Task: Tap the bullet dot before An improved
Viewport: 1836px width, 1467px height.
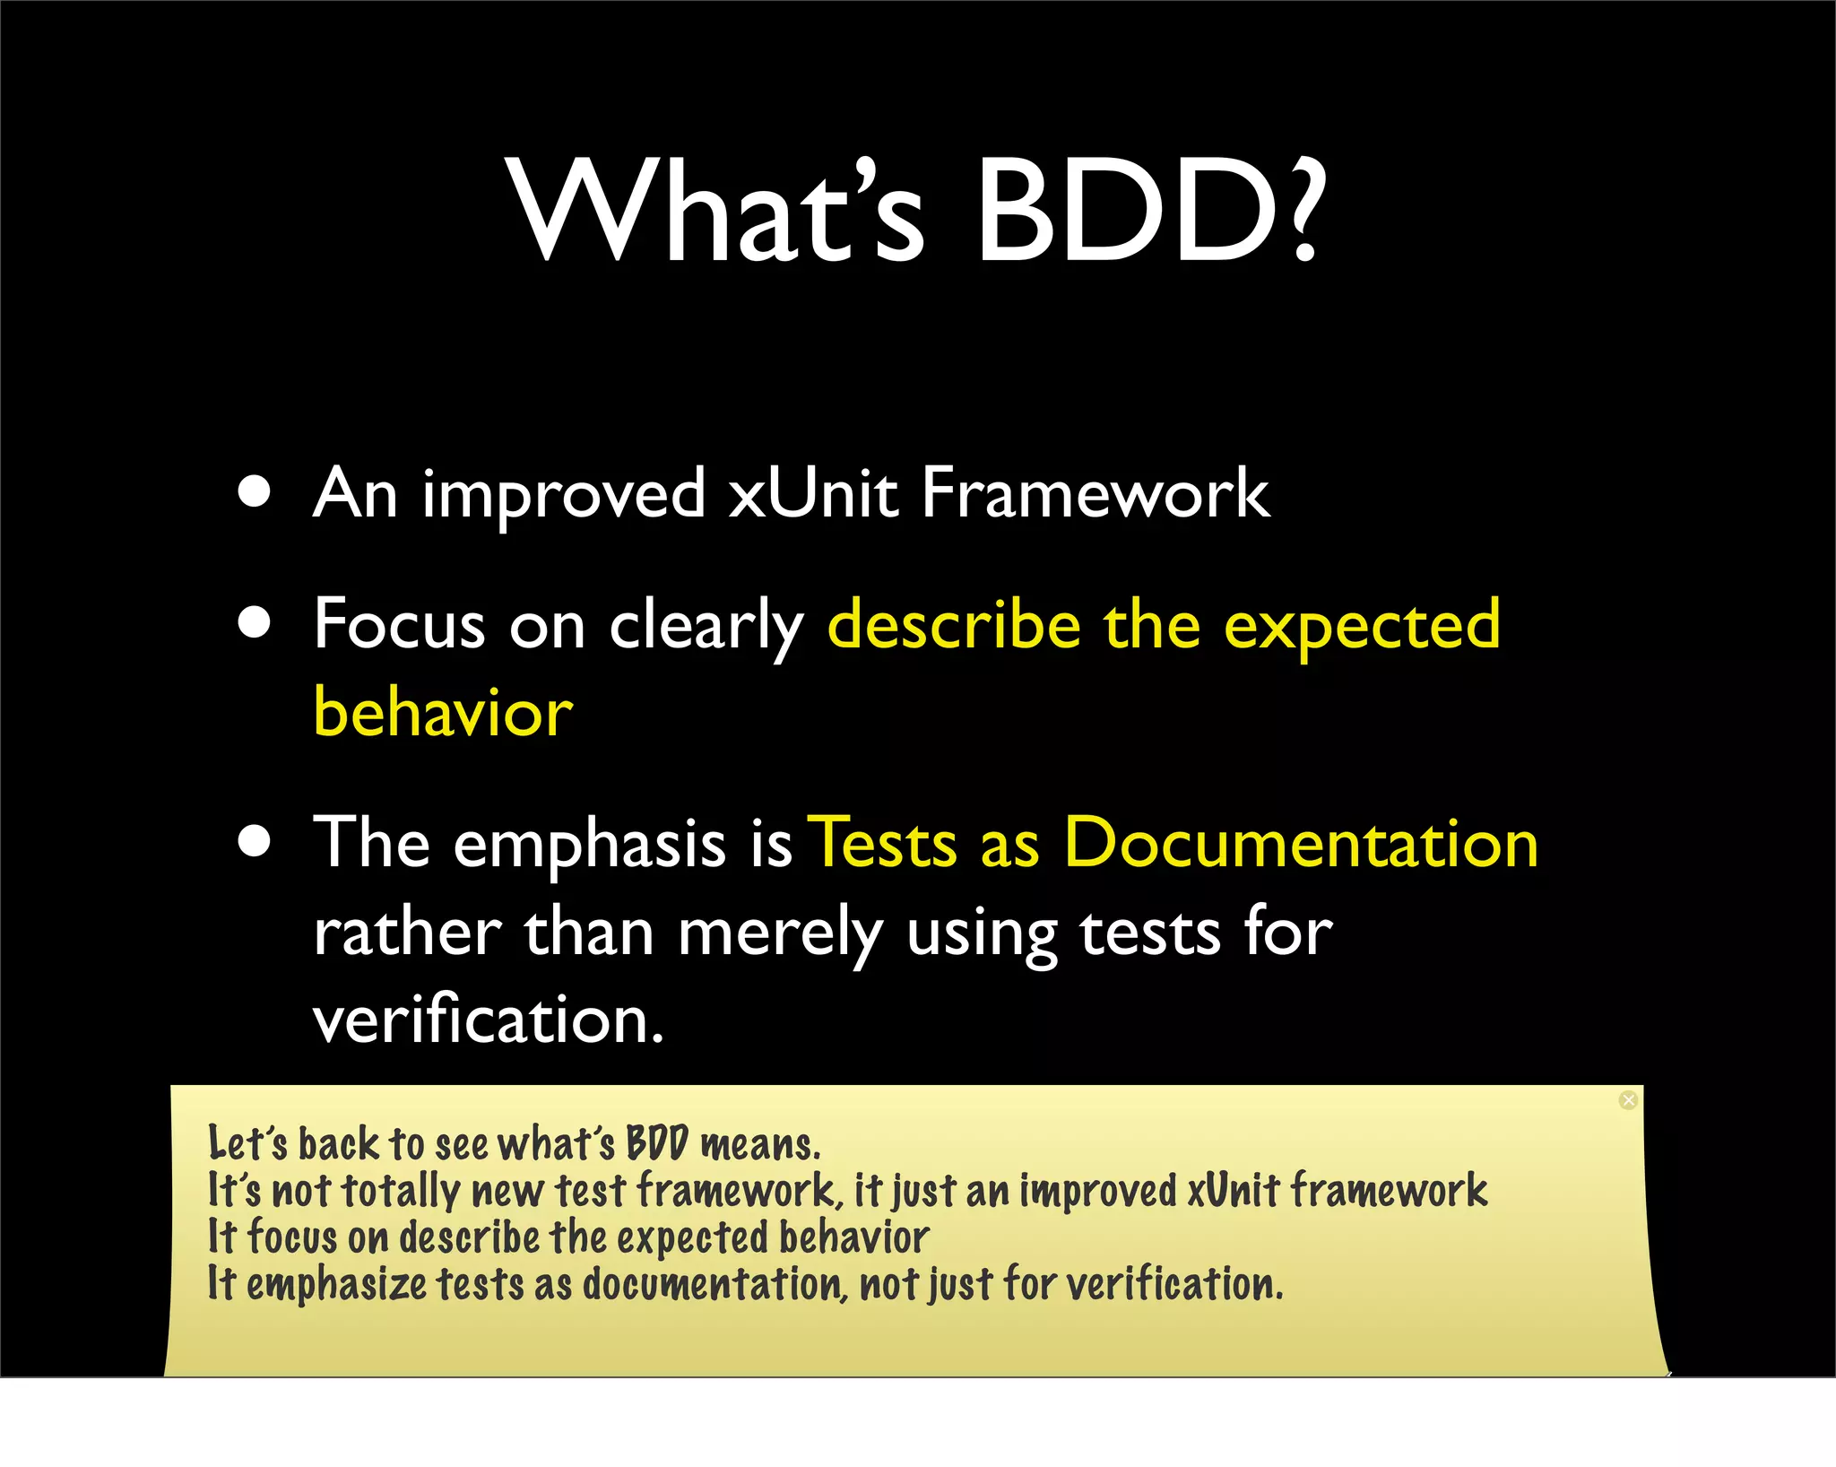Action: coord(255,492)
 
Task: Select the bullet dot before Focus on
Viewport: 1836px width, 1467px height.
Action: coord(255,623)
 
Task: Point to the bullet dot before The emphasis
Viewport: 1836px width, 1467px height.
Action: coord(255,842)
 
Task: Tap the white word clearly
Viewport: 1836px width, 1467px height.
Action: coord(706,626)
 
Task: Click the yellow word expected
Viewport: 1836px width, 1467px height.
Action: coord(1362,626)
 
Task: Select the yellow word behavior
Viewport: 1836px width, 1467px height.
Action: coord(443,713)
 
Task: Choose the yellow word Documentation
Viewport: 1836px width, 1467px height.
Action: coord(1301,844)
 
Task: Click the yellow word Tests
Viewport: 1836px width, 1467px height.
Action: coord(883,844)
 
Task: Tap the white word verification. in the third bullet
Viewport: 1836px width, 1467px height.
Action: coord(489,1020)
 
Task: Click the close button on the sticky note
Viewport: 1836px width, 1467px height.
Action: coord(1628,1100)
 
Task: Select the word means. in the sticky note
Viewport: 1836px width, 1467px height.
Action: coord(760,1145)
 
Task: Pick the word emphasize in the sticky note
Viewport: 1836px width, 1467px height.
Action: coord(336,1284)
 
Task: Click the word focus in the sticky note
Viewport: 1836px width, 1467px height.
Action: coord(291,1237)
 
